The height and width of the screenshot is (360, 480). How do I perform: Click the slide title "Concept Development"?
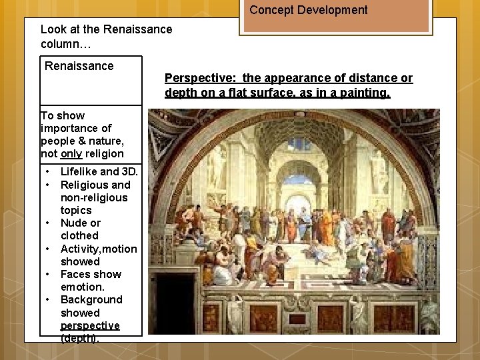coord(308,10)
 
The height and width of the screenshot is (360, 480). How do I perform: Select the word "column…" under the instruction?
coord(62,43)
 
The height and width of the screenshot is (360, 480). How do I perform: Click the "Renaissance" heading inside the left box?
coord(79,66)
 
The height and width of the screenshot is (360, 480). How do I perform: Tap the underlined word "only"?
coord(71,154)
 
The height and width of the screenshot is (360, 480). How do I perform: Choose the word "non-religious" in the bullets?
coord(94,198)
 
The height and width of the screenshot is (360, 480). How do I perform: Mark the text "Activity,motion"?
coord(99,249)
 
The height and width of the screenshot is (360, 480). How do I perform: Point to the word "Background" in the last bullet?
coord(91,300)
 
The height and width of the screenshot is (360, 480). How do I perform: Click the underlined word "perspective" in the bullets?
coord(90,326)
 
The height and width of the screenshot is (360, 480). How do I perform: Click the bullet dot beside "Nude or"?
coord(49,223)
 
